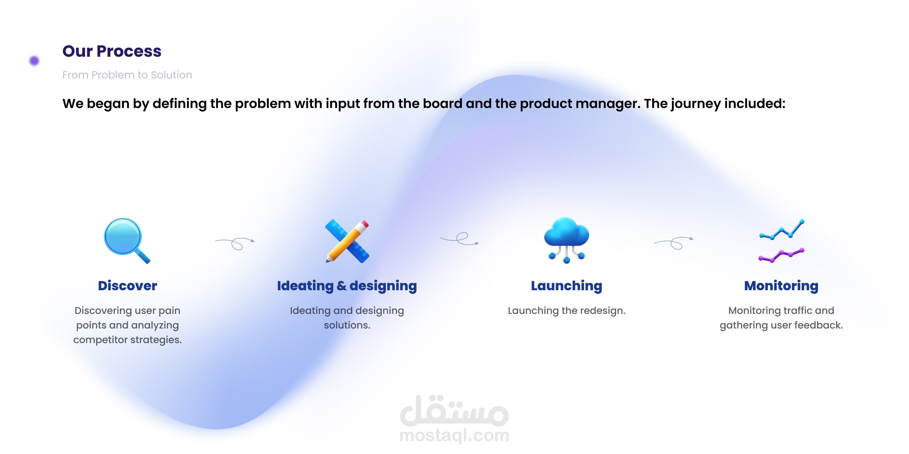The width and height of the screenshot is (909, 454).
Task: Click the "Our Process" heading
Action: click(x=112, y=52)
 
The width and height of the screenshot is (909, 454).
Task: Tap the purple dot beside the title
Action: click(x=34, y=61)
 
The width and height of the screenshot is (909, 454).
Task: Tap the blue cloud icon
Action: click(x=567, y=240)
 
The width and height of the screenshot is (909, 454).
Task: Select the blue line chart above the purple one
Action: click(x=782, y=230)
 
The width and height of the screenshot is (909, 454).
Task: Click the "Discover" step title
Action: click(x=127, y=285)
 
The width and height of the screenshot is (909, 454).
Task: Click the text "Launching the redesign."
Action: click(x=567, y=311)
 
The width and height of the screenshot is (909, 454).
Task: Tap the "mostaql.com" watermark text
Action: click(x=454, y=436)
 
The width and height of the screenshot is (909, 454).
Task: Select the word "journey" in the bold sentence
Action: click(x=696, y=104)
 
